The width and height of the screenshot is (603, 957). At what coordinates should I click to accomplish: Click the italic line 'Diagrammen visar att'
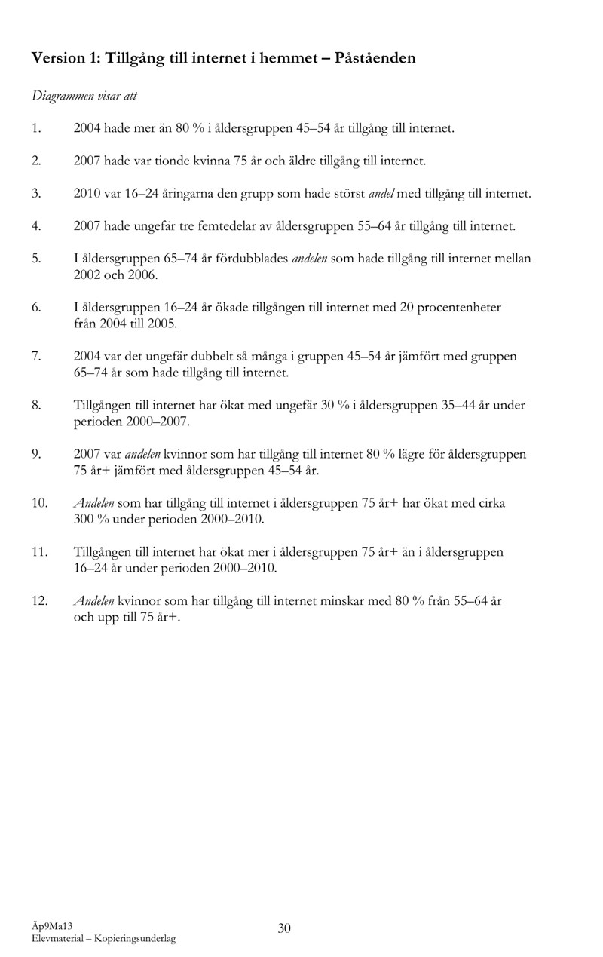tap(84, 97)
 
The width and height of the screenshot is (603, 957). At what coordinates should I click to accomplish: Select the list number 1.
tap(35, 129)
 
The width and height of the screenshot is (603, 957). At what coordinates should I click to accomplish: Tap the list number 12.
tap(40, 601)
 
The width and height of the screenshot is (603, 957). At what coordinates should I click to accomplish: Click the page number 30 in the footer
tap(284, 928)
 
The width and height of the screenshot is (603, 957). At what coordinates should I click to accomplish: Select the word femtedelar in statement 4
tap(239, 225)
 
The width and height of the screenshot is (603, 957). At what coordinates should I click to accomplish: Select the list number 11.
tap(40, 552)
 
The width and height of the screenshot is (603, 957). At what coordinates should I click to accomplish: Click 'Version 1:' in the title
tap(66, 58)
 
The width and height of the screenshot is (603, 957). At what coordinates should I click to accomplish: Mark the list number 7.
tap(35, 356)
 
